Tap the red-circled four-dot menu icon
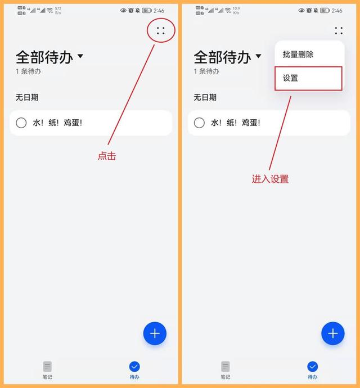click(161, 30)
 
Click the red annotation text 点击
click(106, 156)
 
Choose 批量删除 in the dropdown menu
click(298, 55)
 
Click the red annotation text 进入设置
click(270, 179)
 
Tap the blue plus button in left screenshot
click(155, 333)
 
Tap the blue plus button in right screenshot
click(332, 333)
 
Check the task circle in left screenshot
click(21, 123)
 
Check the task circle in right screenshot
click(199, 123)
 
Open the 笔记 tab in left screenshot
click(47, 370)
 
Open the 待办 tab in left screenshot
click(134, 370)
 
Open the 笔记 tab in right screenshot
click(225, 370)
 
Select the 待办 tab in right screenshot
click(312, 370)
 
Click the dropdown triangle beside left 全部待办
click(80, 56)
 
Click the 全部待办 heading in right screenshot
click(222, 57)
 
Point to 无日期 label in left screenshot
click(27, 97)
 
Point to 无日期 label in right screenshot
click(205, 97)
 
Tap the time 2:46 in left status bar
click(159, 11)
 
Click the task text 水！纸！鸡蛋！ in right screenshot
click(236, 123)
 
